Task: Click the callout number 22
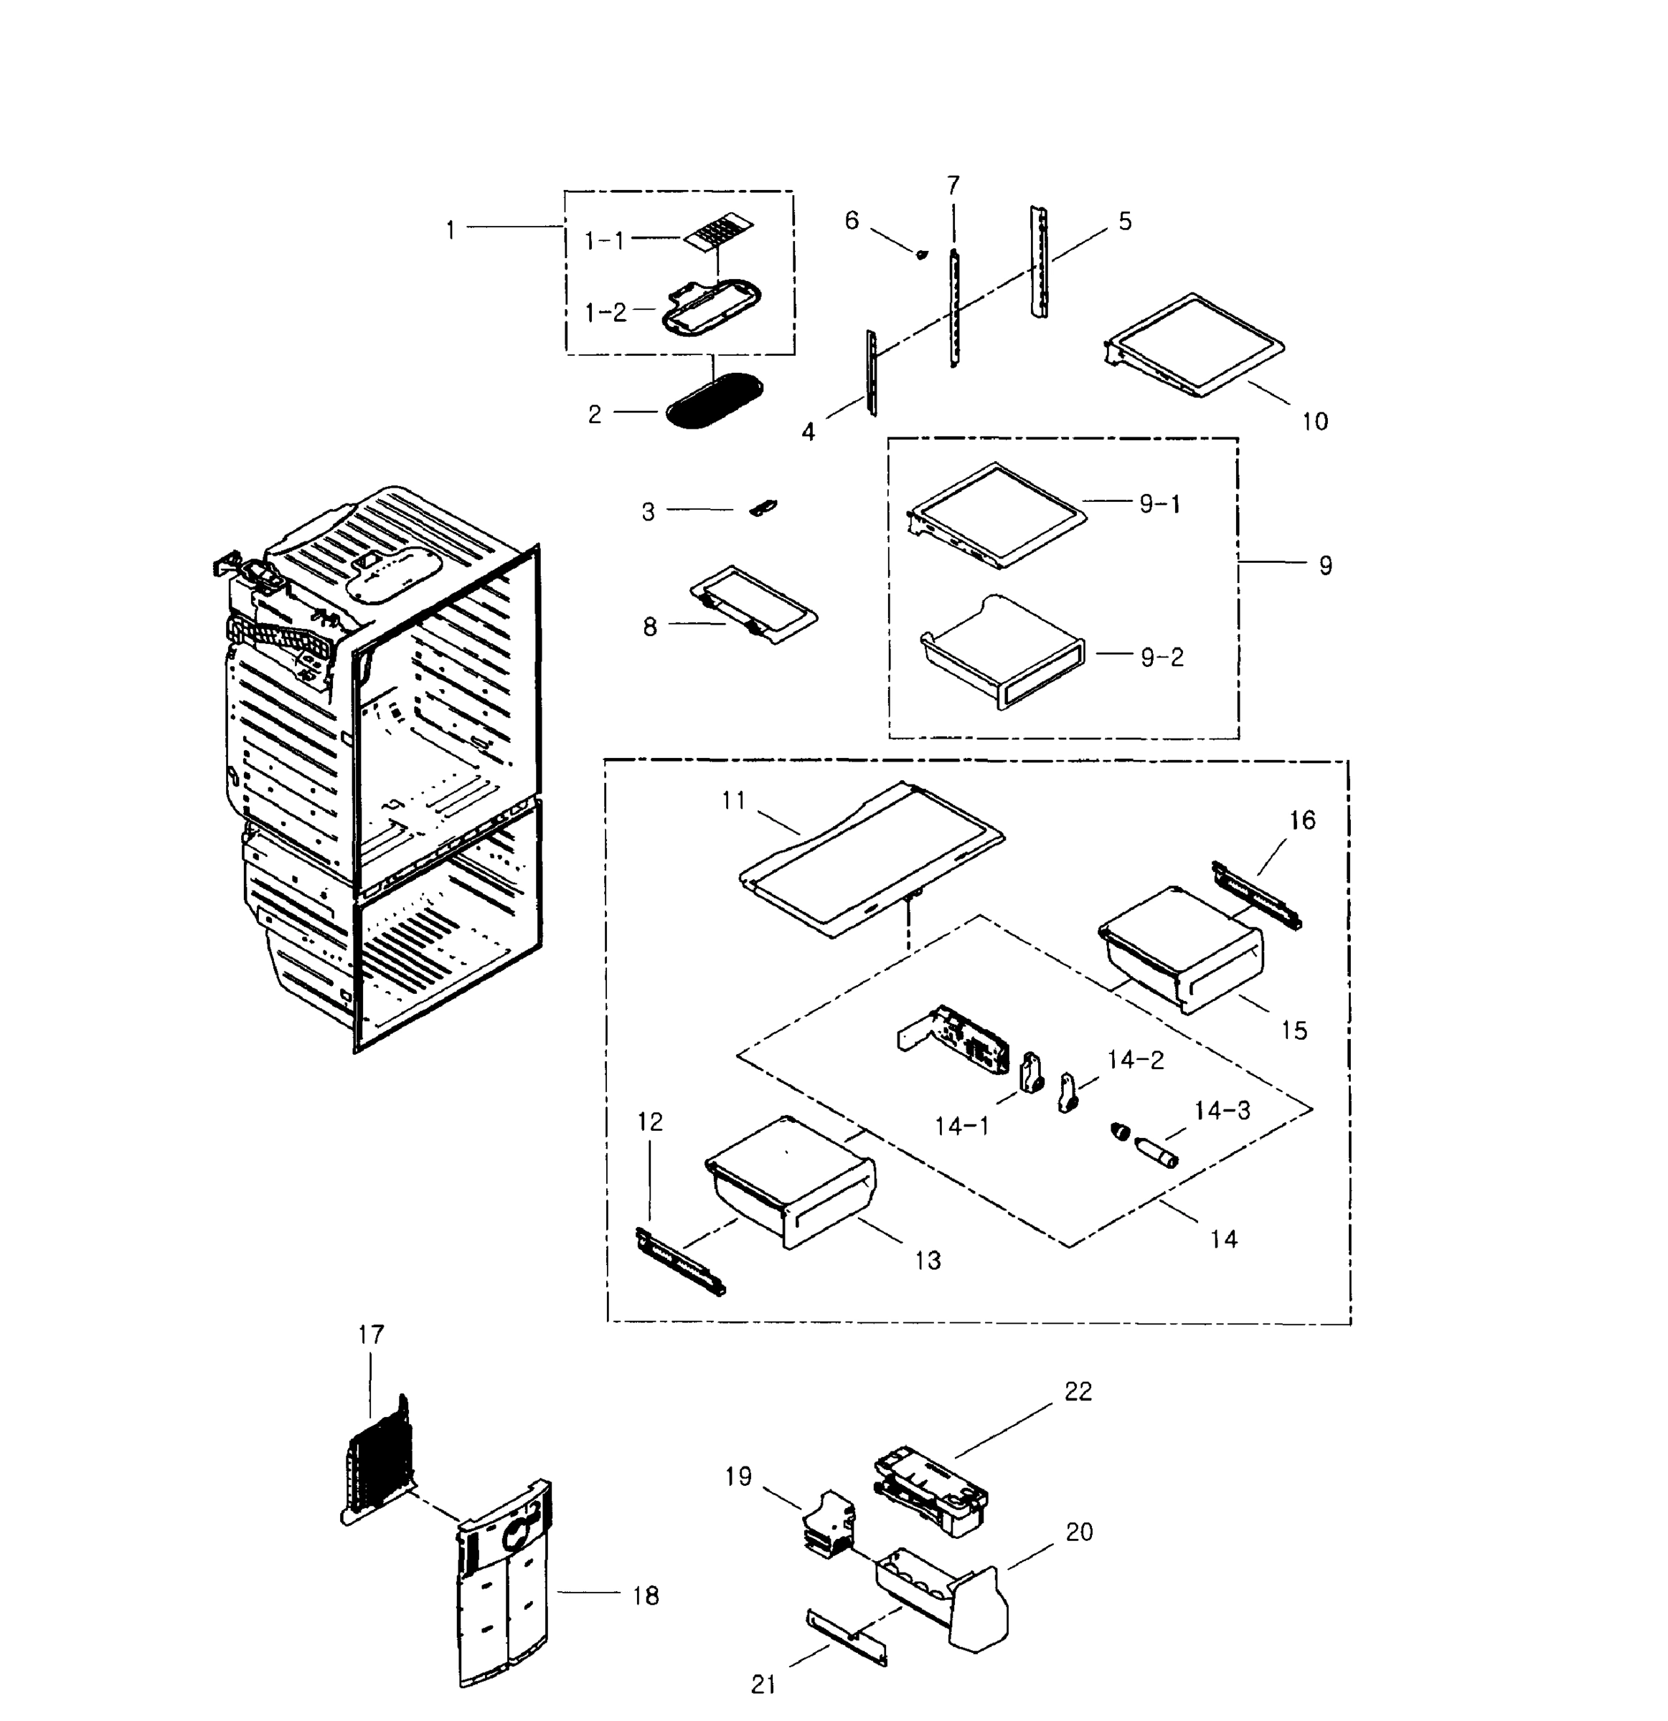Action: coord(1078,1392)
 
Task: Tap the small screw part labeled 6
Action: coord(920,255)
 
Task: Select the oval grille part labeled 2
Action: coord(713,402)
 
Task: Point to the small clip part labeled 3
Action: coord(763,508)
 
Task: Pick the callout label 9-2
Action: coord(1162,657)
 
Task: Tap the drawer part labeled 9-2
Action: coord(1002,654)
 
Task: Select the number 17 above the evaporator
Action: coord(371,1334)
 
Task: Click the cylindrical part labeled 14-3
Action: coord(1156,1153)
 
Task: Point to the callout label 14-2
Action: coord(1135,1060)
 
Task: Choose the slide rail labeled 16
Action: coord(1256,895)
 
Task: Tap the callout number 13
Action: coord(928,1260)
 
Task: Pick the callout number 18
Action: coord(646,1596)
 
